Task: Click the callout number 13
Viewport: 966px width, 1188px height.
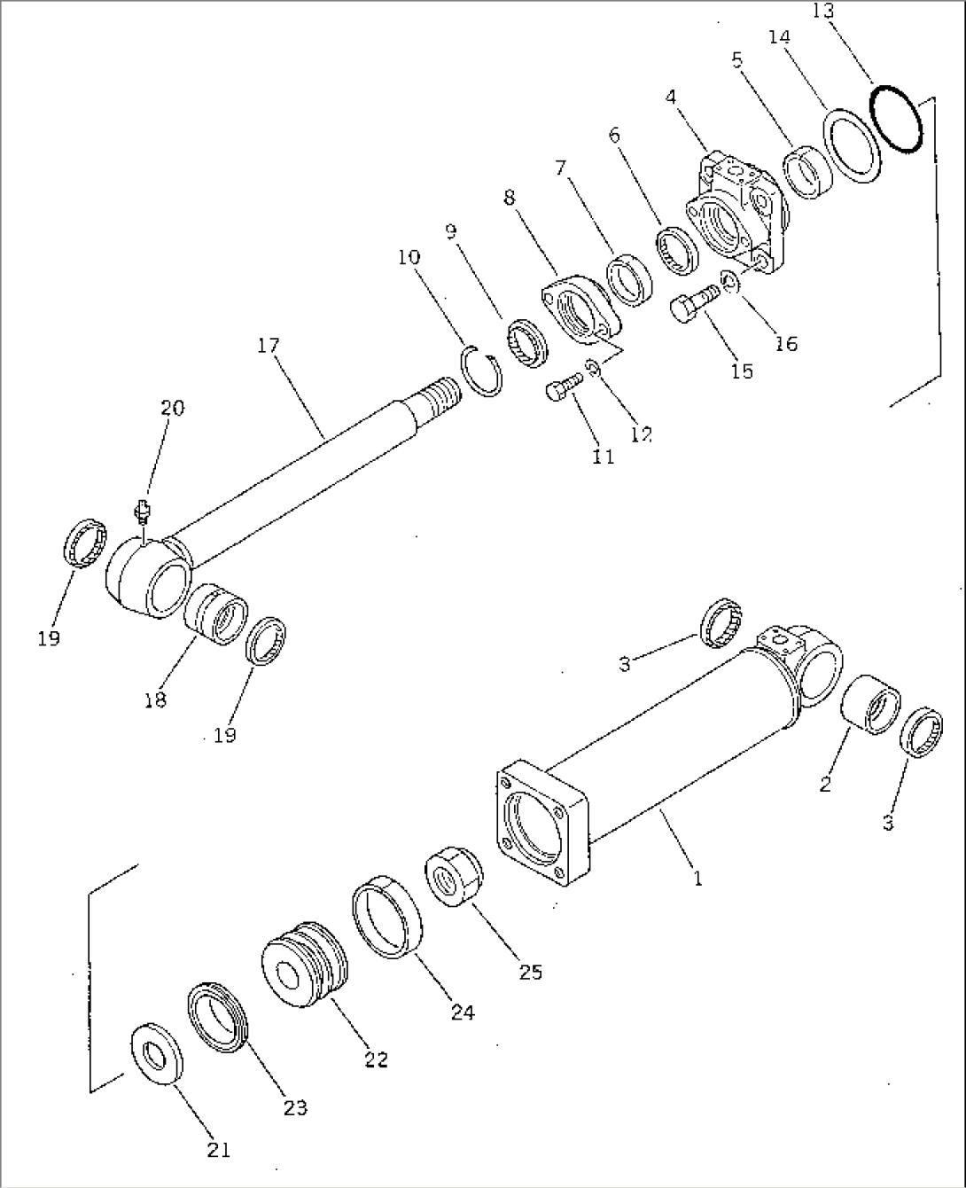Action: [822, 11]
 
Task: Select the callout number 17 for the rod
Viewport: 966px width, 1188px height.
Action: [269, 345]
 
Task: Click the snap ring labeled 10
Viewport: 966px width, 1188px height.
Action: [484, 373]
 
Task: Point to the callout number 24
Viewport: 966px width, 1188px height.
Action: [462, 1012]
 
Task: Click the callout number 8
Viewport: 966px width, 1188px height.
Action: [510, 198]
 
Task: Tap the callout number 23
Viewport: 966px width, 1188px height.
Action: [295, 1107]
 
